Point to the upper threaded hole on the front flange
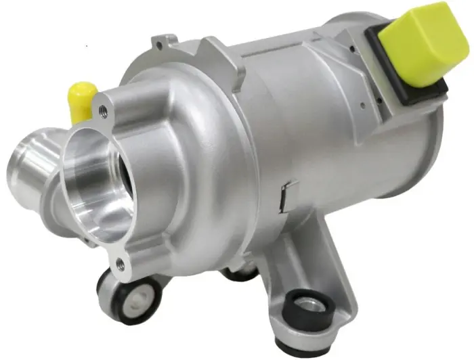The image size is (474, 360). point(103,109)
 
